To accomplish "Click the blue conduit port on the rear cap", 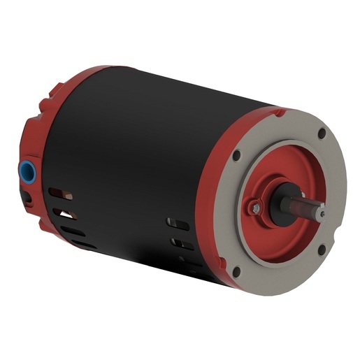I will (29, 170).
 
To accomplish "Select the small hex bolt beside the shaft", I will (257, 207).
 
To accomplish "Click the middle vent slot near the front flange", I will (182, 245).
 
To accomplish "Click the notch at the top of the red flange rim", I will (280, 110).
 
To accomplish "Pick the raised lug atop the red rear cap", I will (53, 91).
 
